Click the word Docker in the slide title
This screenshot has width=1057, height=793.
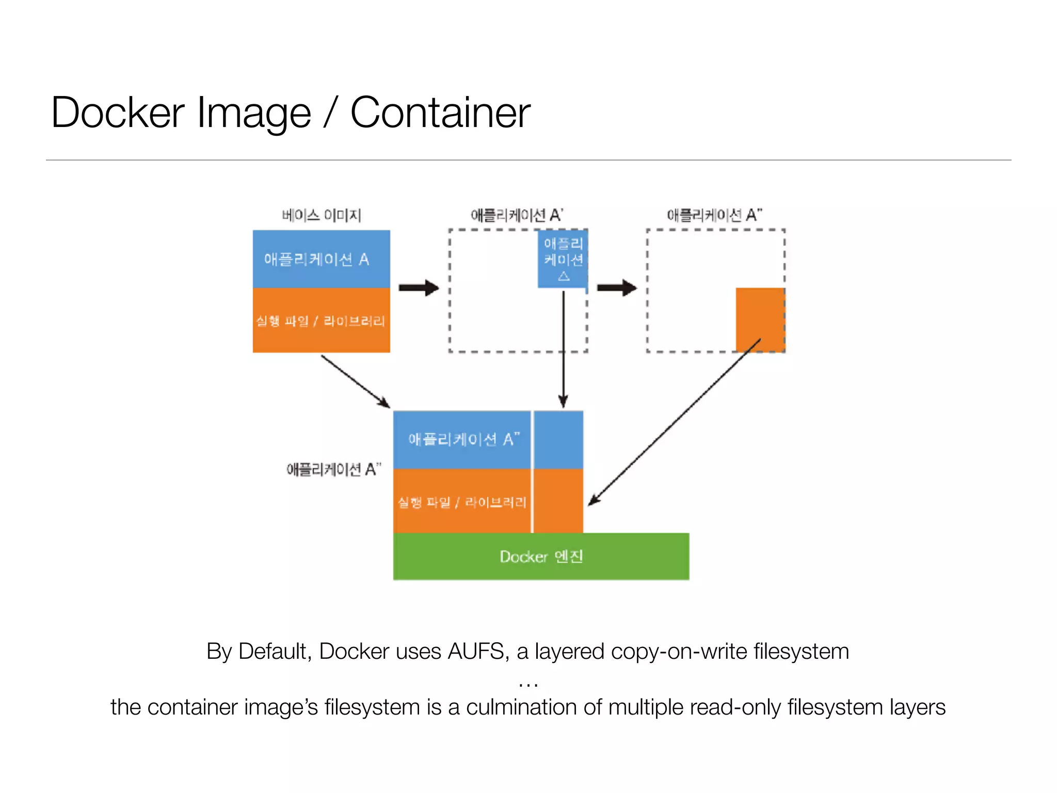pos(118,113)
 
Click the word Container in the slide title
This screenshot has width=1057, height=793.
pos(440,113)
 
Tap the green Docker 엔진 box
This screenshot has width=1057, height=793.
pos(541,557)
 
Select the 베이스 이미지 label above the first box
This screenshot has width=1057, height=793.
pos(321,215)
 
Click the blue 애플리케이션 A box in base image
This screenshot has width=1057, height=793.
pos(321,259)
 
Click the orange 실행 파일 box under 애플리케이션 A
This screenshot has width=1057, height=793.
pos(321,321)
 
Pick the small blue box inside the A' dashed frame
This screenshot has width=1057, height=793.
pos(563,259)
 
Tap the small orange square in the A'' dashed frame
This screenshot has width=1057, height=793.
pos(760,319)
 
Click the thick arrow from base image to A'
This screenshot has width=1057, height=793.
pos(419,288)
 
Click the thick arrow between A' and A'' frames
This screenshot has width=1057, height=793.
pos(617,288)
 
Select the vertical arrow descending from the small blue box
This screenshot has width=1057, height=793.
pos(563,351)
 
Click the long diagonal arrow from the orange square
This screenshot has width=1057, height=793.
pos(676,421)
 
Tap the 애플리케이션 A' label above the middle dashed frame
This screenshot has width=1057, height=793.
pos(517,215)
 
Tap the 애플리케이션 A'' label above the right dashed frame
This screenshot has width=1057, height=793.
pos(714,215)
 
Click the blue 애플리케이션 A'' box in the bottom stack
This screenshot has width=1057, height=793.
pos(462,439)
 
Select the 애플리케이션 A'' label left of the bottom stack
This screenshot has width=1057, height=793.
pos(333,469)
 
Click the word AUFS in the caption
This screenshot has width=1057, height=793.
pos(475,652)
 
